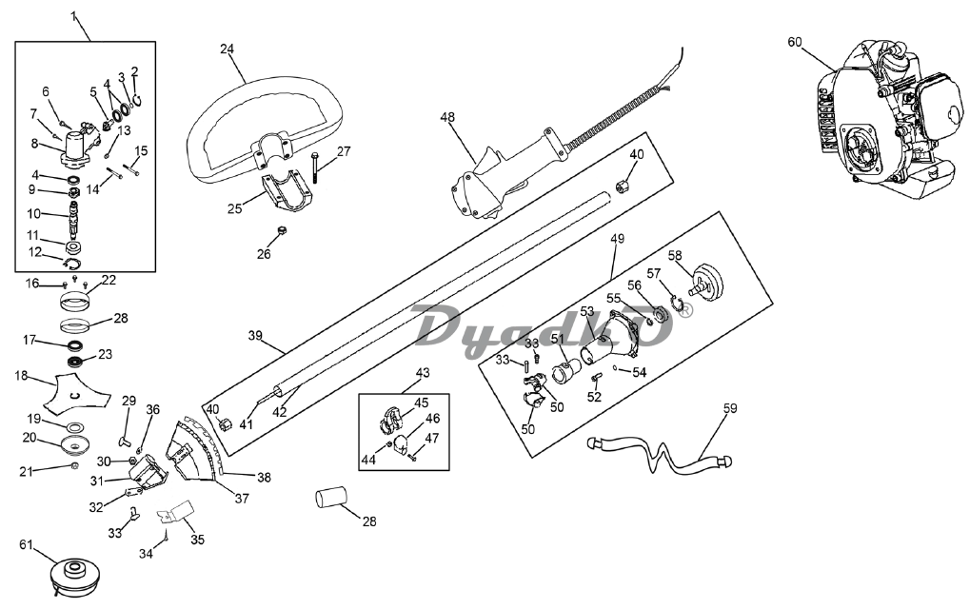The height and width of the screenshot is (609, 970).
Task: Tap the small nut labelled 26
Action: (x=280, y=231)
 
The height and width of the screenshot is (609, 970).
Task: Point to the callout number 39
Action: (x=255, y=336)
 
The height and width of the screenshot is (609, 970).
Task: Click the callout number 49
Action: (x=617, y=239)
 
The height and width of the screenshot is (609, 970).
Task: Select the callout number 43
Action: (x=423, y=373)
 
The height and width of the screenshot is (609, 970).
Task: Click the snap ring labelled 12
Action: (x=73, y=264)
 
